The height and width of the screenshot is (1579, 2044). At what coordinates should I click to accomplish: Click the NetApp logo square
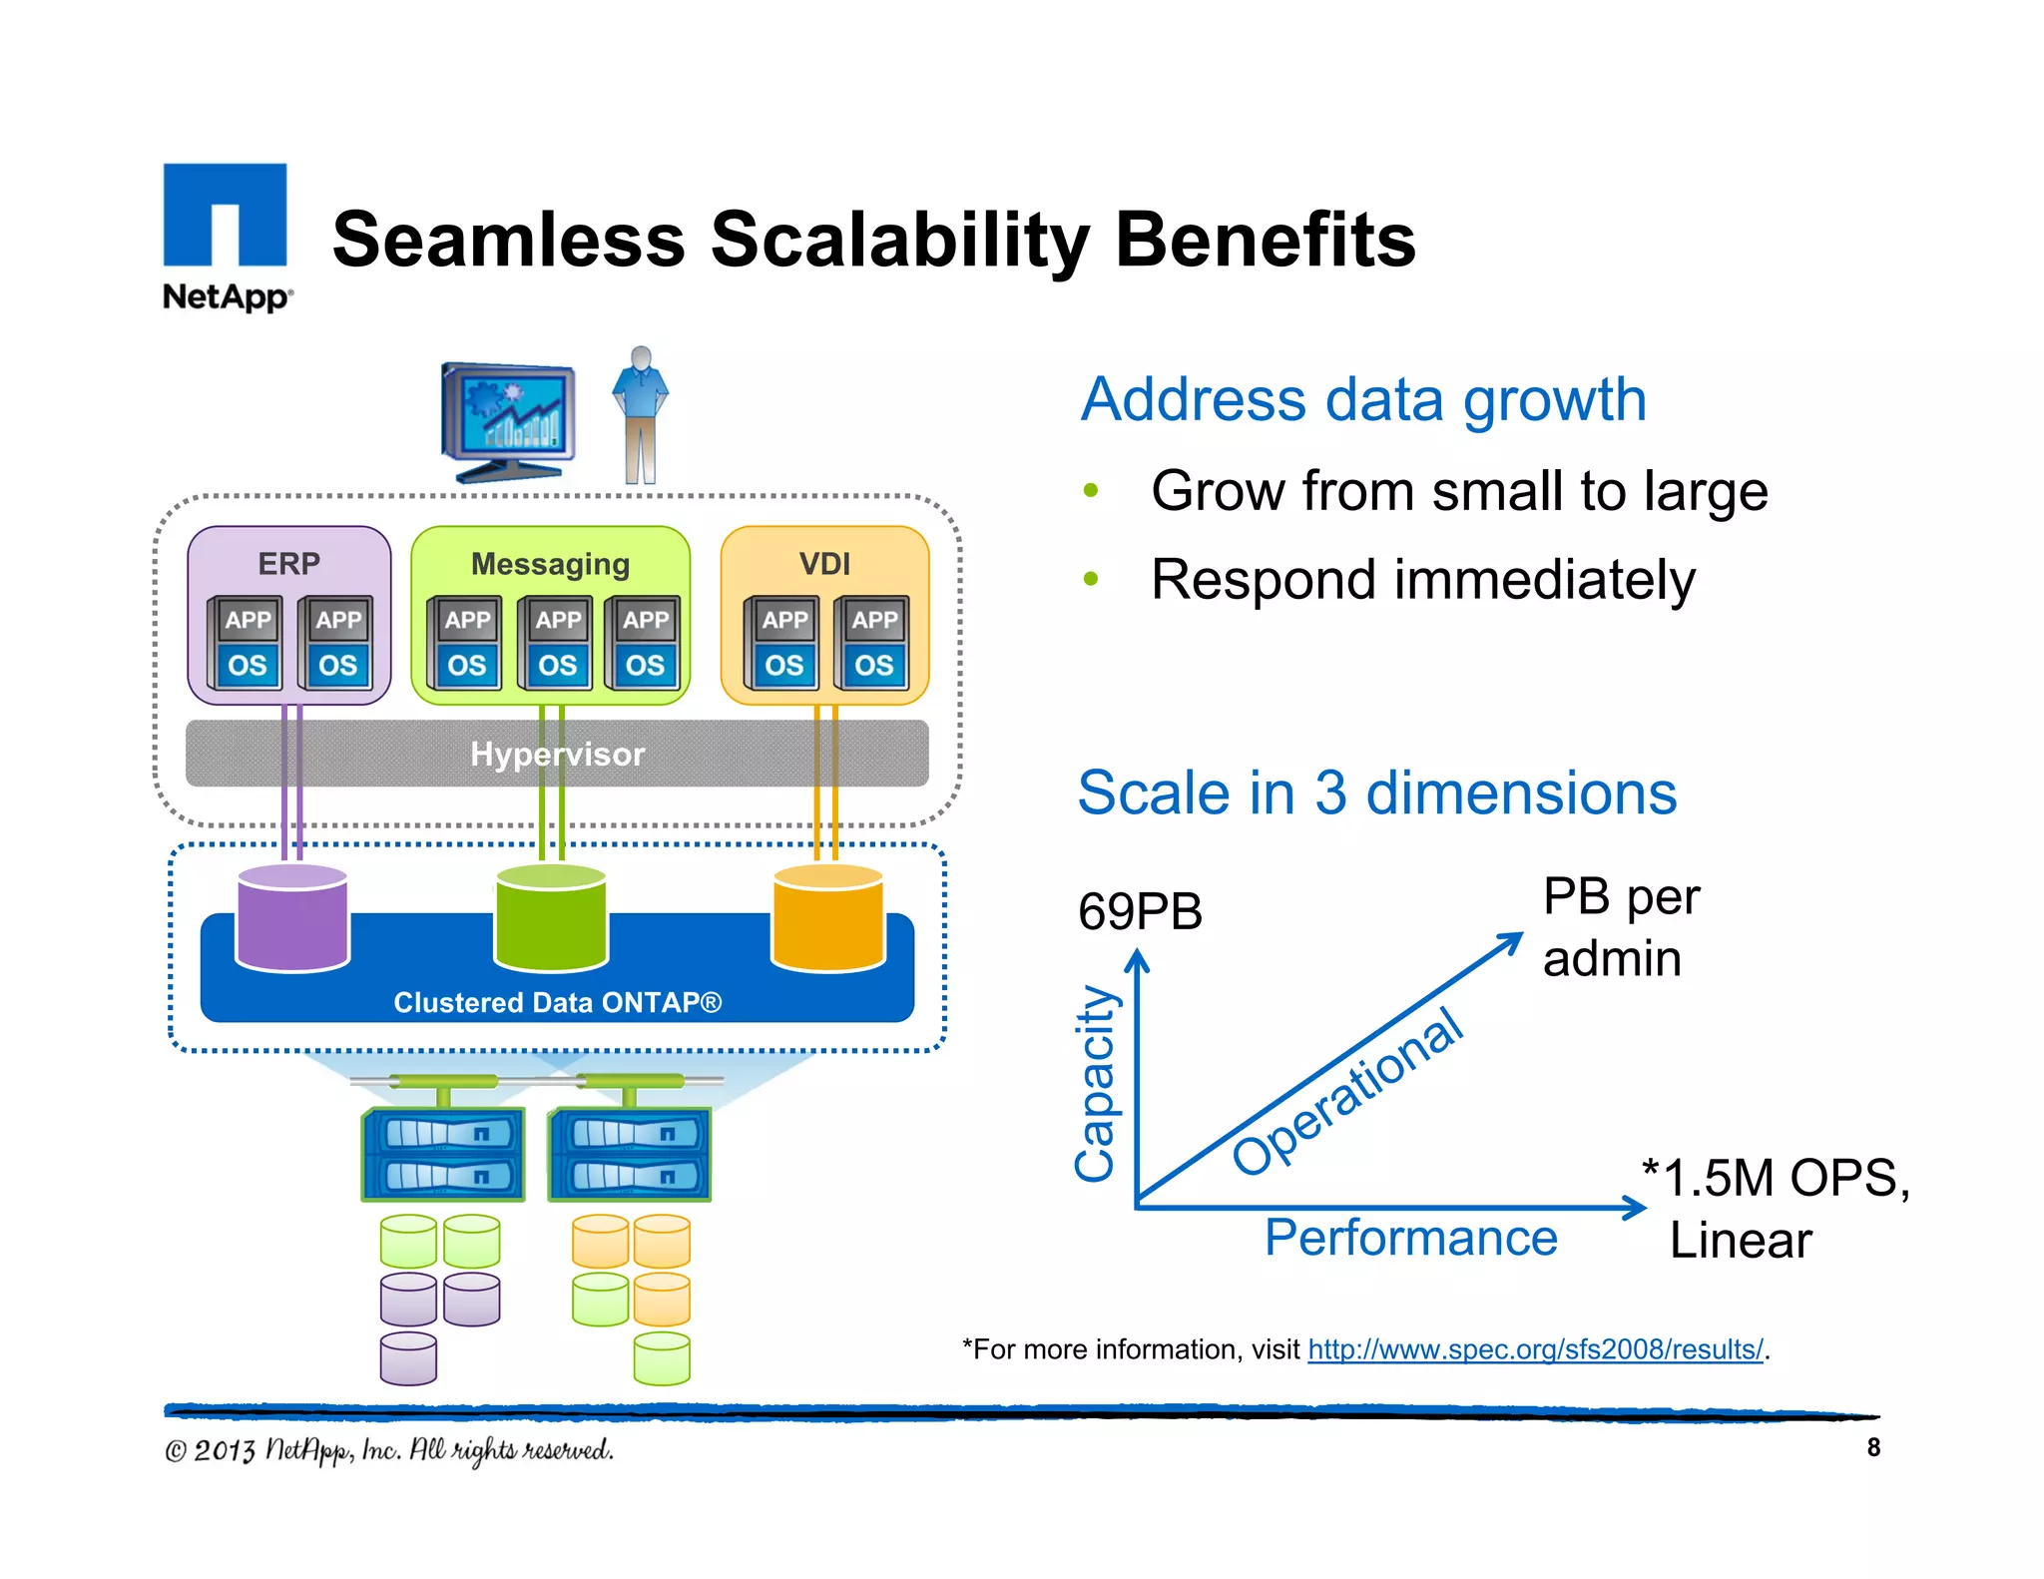(225, 215)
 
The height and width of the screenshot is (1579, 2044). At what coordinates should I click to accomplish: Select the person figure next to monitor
(641, 414)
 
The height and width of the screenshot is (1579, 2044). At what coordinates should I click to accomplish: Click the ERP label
(288, 564)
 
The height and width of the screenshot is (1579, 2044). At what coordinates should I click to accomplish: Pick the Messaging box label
(550, 564)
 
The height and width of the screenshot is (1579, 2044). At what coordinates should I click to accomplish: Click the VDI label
(824, 564)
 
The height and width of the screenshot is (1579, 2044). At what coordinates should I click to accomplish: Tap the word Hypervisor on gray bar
(557, 754)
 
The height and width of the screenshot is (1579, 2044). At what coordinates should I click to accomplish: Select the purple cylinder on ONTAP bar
(291, 918)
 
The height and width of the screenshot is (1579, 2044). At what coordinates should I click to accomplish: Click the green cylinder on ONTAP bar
(551, 918)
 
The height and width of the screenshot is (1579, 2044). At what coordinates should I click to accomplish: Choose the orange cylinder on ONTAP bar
(828, 918)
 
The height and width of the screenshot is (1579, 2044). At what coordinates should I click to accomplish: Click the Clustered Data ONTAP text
(557, 1002)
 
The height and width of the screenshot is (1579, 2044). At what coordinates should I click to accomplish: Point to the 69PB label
(1140, 911)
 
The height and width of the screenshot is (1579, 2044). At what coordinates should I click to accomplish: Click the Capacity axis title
(1095, 1083)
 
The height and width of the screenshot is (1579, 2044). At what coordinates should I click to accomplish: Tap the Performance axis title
(1410, 1238)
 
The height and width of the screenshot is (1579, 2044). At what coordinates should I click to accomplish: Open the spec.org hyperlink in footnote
(1535, 1349)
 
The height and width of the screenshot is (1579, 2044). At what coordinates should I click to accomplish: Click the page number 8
(1873, 1447)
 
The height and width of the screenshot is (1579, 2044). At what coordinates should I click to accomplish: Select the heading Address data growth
(1362, 399)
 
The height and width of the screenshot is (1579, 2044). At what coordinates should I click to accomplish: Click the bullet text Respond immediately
(1422, 580)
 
